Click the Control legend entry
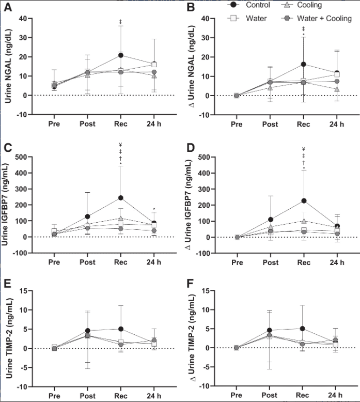248,5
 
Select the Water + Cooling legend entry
316,19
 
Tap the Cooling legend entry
301,5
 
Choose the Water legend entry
247,19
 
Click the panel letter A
8,7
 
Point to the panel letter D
191,148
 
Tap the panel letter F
190,284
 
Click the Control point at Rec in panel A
121,55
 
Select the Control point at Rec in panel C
121,198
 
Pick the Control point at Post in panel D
270,220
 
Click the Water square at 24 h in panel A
154,65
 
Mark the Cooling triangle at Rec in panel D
304,221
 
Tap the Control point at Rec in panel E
121,329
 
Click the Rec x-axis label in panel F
302,395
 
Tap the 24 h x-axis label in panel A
154,124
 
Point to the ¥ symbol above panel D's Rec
304,149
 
